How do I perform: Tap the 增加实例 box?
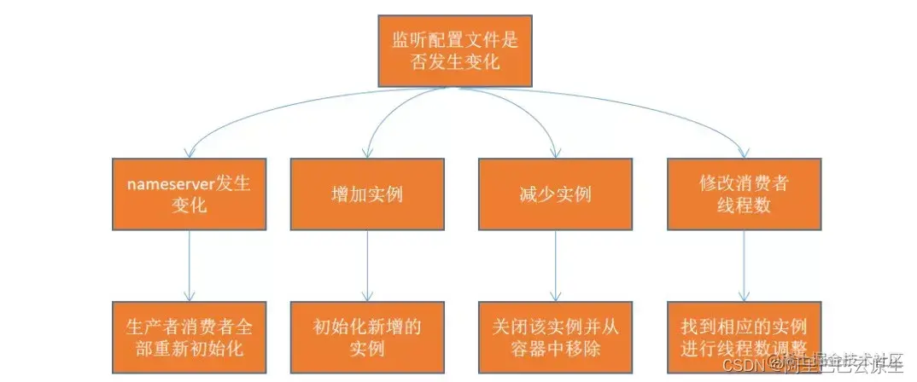click(x=366, y=194)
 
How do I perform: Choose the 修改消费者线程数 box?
click(x=743, y=194)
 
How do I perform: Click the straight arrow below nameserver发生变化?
click(x=189, y=264)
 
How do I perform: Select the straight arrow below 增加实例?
click(x=367, y=264)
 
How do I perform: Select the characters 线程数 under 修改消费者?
click(x=743, y=206)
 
